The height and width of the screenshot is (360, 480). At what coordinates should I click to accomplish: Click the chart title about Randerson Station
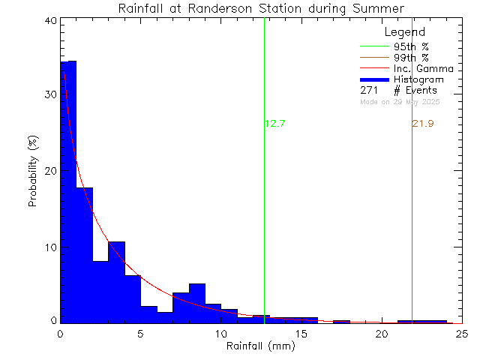(261, 8)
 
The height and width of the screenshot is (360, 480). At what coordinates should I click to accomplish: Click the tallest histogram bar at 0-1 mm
(68, 187)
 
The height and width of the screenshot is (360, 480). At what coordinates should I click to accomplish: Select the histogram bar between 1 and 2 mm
(85, 255)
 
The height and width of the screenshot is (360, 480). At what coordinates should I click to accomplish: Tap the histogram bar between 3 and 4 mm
(116, 281)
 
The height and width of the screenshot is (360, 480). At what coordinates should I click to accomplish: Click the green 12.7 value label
(275, 124)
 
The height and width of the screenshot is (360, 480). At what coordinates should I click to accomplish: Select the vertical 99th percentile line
(412, 225)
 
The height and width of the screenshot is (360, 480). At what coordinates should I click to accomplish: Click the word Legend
(405, 32)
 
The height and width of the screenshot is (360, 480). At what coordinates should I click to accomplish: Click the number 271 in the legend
(369, 90)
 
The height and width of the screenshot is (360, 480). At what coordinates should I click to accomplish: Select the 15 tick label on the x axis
(301, 334)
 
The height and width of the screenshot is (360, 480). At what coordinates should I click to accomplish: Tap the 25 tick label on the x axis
(461, 334)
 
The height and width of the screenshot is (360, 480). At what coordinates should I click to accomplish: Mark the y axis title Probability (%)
(34, 172)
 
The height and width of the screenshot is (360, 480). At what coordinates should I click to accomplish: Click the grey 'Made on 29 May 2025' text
(400, 101)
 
